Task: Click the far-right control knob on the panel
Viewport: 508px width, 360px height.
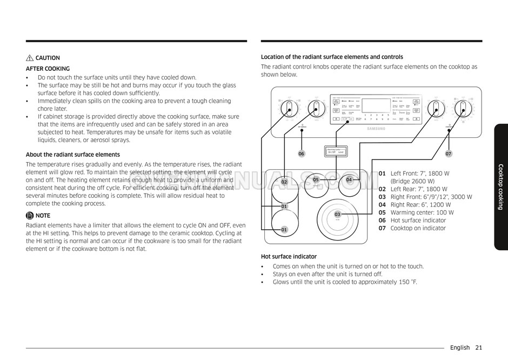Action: point(464,108)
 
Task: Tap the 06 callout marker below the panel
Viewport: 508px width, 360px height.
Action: point(302,154)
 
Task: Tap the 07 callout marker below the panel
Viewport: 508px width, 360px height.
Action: point(449,154)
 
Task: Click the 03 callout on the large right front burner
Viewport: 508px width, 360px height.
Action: point(337,215)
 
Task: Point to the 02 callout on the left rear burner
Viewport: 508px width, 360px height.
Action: point(284,182)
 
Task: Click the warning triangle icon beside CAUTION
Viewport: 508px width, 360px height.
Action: point(30,58)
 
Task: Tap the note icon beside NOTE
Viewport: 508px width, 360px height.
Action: point(30,216)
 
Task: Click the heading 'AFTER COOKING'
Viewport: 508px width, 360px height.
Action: point(48,69)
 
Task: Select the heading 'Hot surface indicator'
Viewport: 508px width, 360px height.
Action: point(289,257)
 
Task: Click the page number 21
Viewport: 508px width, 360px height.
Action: point(479,348)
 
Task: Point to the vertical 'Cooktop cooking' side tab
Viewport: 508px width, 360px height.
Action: point(500,186)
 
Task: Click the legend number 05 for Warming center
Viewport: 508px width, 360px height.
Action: point(382,213)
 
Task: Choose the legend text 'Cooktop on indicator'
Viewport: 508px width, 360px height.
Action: point(418,229)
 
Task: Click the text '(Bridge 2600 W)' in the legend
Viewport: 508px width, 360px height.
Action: point(412,182)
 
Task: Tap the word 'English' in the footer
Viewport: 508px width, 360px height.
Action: point(460,348)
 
